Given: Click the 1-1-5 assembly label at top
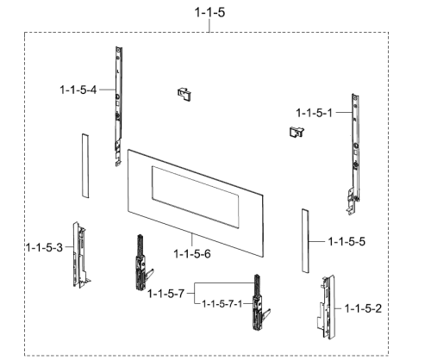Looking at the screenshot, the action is click(209, 13).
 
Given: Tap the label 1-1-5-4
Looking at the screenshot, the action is click(78, 90).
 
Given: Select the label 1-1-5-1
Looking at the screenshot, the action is click(314, 113).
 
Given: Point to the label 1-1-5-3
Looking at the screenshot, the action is click(44, 247).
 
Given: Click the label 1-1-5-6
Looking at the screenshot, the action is click(192, 254).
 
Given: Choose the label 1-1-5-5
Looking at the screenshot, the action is click(347, 241).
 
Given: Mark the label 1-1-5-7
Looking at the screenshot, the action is click(166, 294).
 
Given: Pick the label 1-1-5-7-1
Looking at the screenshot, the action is click(222, 304).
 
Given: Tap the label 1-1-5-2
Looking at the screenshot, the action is click(363, 308).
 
